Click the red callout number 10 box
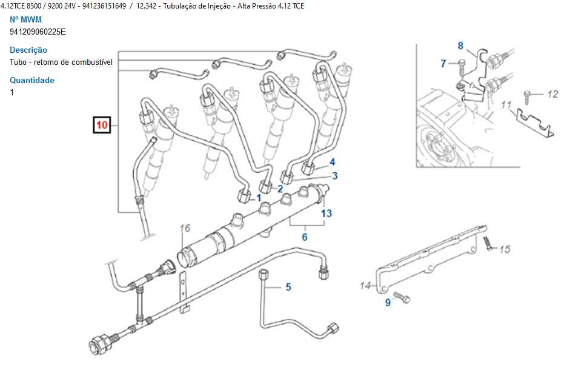(x=101, y=126)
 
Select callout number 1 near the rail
(x=259, y=198)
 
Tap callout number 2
(x=280, y=189)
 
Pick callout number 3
(x=334, y=176)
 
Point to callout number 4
(x=332, y=162)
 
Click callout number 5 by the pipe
(x=288, y=287)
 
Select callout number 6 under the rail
(x=305, y=237)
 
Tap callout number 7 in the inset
(x=443, y=63)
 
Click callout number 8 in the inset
(x=460, y=45)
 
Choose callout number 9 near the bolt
(x=388, y=303)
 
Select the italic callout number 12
(x=552, y=94)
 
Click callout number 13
(x=327, y=213)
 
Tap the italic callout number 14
(x=365, y=285)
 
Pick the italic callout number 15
(x=505, y=249)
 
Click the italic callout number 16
(x=185, y=228)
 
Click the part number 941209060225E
(x=38, y=32)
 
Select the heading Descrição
(x=28, y=50)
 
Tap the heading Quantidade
(x=32, y=80)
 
